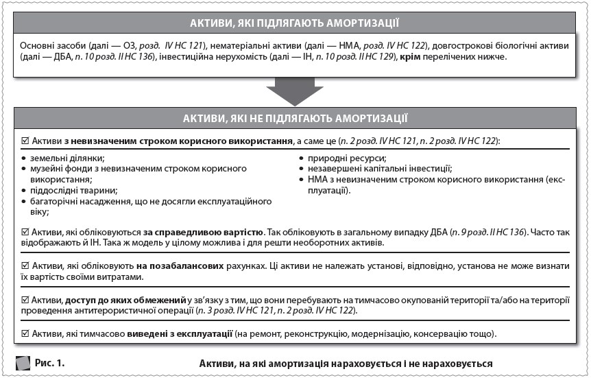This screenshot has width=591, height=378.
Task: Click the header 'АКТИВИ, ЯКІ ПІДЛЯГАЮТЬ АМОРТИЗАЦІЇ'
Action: (295, 22)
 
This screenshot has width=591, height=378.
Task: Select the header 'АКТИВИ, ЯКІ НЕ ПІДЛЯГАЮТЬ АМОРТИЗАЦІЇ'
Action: (295, 119)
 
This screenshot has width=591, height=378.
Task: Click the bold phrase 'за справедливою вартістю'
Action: (193, 233)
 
